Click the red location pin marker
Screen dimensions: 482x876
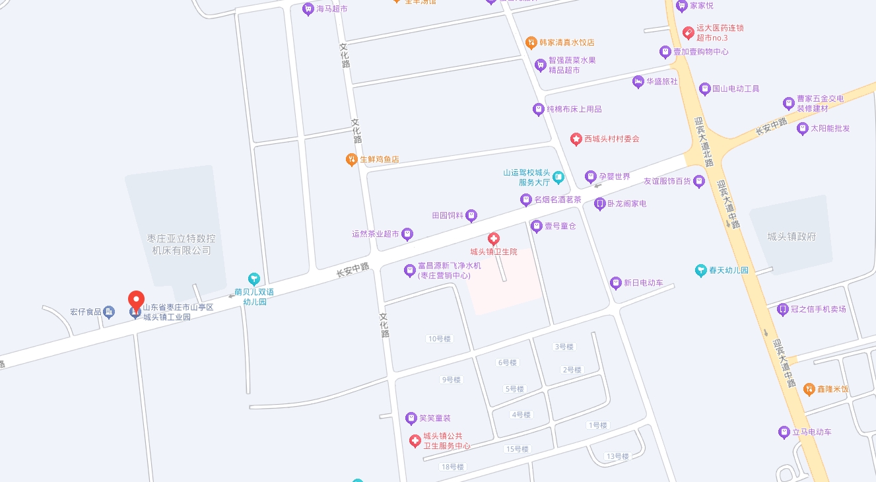coord(136,300)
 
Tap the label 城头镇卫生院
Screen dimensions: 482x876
coord(494,252)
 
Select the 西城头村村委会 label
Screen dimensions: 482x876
coord(611,139)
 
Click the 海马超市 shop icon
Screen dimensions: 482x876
coord(308,9)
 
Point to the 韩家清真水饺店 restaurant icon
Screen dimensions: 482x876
coord(531,42)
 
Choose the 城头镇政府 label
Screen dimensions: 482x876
coord(792,236)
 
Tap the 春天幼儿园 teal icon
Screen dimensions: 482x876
coord(701,270)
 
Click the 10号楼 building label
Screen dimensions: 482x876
coord(439,339)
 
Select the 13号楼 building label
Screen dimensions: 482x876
coord(617,456)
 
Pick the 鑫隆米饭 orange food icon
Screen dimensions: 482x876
coord(809,389)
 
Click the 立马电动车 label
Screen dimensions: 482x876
coord(812,432)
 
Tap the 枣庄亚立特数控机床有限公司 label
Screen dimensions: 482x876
coord(182,244)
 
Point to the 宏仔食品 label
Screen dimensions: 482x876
coord(86,312)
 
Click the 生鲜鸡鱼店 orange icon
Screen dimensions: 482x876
coord(352,159)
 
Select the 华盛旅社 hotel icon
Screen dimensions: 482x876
coord(638,81)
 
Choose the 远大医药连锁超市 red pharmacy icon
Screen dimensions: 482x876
coord(688,31)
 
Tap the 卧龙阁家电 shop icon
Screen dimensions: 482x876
coord(599,204)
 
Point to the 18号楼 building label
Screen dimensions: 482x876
coord(453,467)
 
